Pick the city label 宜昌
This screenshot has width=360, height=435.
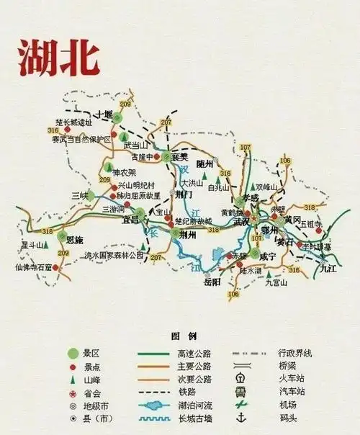pos(129,220)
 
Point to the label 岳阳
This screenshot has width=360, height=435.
pos(211,282)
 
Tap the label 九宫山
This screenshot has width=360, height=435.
pos(276,283)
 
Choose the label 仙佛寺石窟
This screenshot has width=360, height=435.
pos(34,266)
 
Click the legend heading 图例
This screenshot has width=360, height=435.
pos(179,336)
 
